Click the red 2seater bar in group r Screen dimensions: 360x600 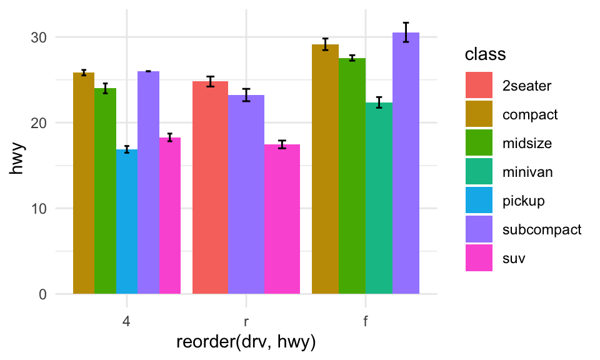(x=210, y=187)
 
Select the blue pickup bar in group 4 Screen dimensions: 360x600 (x=127, y=222)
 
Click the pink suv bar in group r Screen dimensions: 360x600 (x=282, y=219)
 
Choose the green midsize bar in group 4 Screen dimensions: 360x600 (x=105, y=191)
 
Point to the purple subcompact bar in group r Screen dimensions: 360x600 (x=246, y=194)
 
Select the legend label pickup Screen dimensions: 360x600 (x=523, y=201)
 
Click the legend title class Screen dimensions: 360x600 (x=485, y=55)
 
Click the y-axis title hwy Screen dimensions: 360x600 (x=19, y=165)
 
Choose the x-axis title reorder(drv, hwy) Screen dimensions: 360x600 (x=246, y=342)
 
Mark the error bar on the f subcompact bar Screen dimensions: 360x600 (x=406, y=32)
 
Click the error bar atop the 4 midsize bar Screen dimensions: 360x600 (x=105, y=88)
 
